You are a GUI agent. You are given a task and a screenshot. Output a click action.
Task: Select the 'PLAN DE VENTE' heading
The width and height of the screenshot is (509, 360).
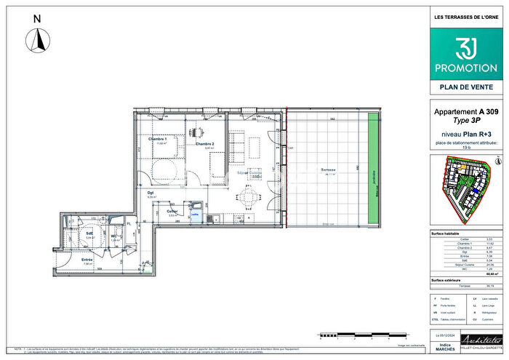465,87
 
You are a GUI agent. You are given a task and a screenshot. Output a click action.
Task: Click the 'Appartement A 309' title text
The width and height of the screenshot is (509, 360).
465,112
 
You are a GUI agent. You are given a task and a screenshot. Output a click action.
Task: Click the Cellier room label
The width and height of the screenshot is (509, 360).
173,211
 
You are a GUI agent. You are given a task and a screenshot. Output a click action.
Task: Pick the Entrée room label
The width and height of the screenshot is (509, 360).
87,260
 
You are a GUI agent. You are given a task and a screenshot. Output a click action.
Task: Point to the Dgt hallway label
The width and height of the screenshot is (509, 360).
151,193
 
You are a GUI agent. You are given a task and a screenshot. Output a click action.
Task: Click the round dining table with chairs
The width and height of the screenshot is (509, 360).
249,196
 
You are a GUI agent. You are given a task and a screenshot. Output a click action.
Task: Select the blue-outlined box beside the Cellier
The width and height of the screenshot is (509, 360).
194,214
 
